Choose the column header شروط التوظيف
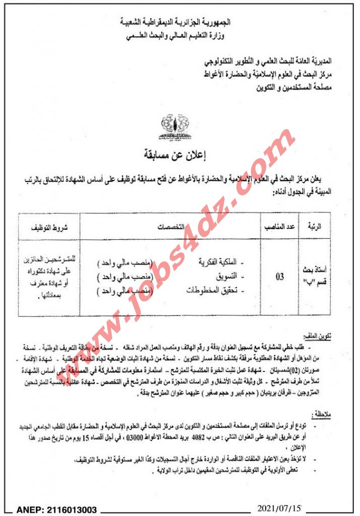click(x=49, y=227)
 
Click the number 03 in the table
click(x=279, y=277)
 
